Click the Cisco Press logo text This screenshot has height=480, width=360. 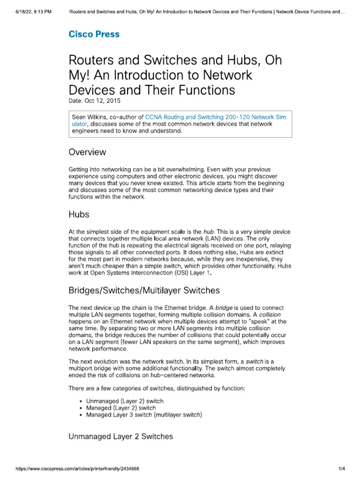click(94, 34)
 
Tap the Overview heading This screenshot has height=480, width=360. click(87, 152)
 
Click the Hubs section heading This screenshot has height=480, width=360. click(79, 215)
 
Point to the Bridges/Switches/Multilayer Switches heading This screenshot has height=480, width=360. click(144, 290)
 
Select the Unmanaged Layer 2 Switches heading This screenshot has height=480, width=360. click(120, 436)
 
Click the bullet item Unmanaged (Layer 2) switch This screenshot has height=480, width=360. click(125, 401)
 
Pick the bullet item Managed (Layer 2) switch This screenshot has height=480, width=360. click(121, 408)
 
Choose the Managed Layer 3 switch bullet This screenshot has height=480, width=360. click(144, 415)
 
